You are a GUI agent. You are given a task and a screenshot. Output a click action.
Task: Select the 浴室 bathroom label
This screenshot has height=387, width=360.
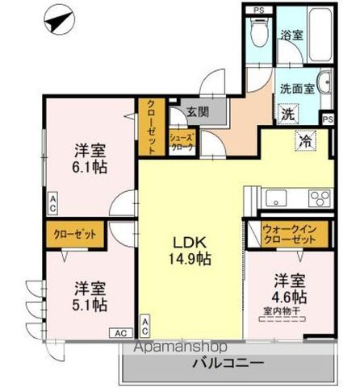pyautogui.click(x=291, y=35)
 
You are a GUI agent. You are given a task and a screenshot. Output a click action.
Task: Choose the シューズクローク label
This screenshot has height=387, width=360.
pyautogui.click(x=179, y=142)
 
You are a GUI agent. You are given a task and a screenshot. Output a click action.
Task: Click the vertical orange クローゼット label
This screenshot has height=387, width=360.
pyautogui.click(x=151, y=127)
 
